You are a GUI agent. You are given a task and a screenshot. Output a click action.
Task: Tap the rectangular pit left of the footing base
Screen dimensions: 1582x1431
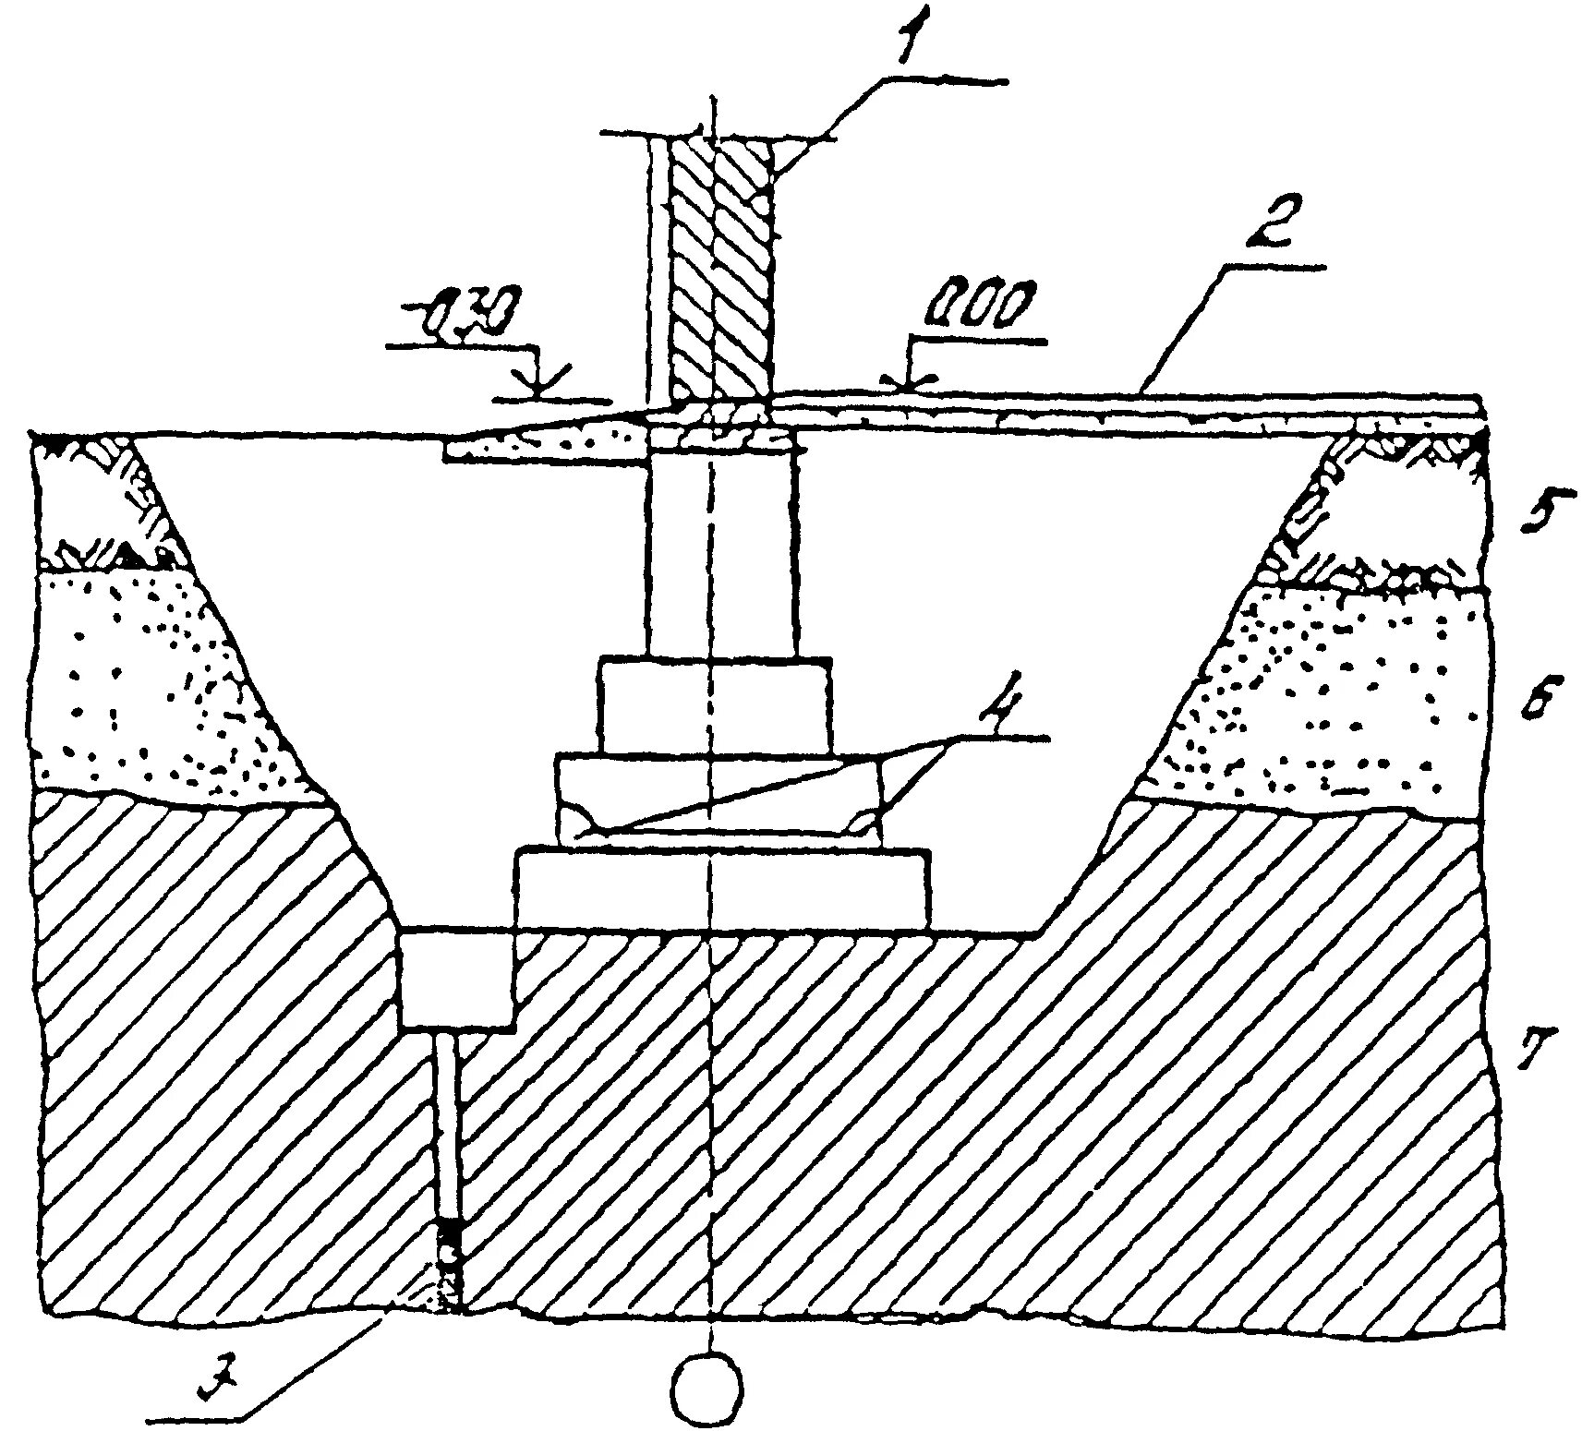pyautogui.click(x=457, y=980)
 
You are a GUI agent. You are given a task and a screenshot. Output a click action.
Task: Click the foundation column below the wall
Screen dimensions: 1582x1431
pyautogui.click(x=720, y=554)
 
